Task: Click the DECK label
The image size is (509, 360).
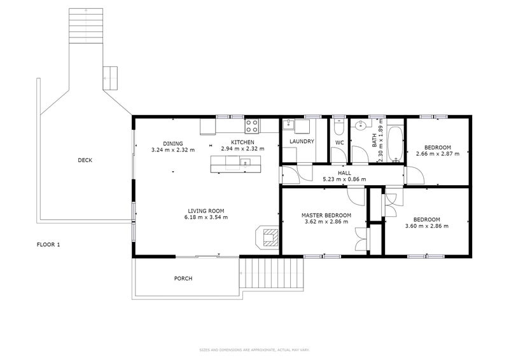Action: [x=85, y=160]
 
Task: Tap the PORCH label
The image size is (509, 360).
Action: [x=183, y=279]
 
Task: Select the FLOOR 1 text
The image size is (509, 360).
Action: [x=48, y=245]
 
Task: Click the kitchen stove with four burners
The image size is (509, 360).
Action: [x=252, y=126]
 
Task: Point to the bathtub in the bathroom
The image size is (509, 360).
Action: [x=395, y=144]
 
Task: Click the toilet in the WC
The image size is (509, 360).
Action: [x=338, y=127]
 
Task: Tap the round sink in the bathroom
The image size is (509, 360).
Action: [x=360, y=125]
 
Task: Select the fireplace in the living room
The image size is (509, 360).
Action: [x=267, y=237]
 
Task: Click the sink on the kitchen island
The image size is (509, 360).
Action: [x=245, y=162]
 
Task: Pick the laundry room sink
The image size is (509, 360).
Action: [x=288, y=125]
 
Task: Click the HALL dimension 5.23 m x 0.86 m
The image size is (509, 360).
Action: [x=344, y=179]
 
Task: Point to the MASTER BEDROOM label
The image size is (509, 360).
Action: [x=326, y=215]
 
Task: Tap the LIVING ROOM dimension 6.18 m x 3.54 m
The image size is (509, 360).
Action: [x=206, y=217]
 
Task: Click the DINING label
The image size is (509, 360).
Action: [x=173, y=144]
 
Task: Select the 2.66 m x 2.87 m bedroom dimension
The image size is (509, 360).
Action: [x=438, y=153]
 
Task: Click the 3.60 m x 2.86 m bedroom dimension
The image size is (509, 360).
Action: [x=427, y=226]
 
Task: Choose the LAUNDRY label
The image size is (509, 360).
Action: [x=302, y=142]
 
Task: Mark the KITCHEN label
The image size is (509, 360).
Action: [x=242, y=142]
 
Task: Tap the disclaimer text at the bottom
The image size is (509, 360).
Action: [x=254, y=350]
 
